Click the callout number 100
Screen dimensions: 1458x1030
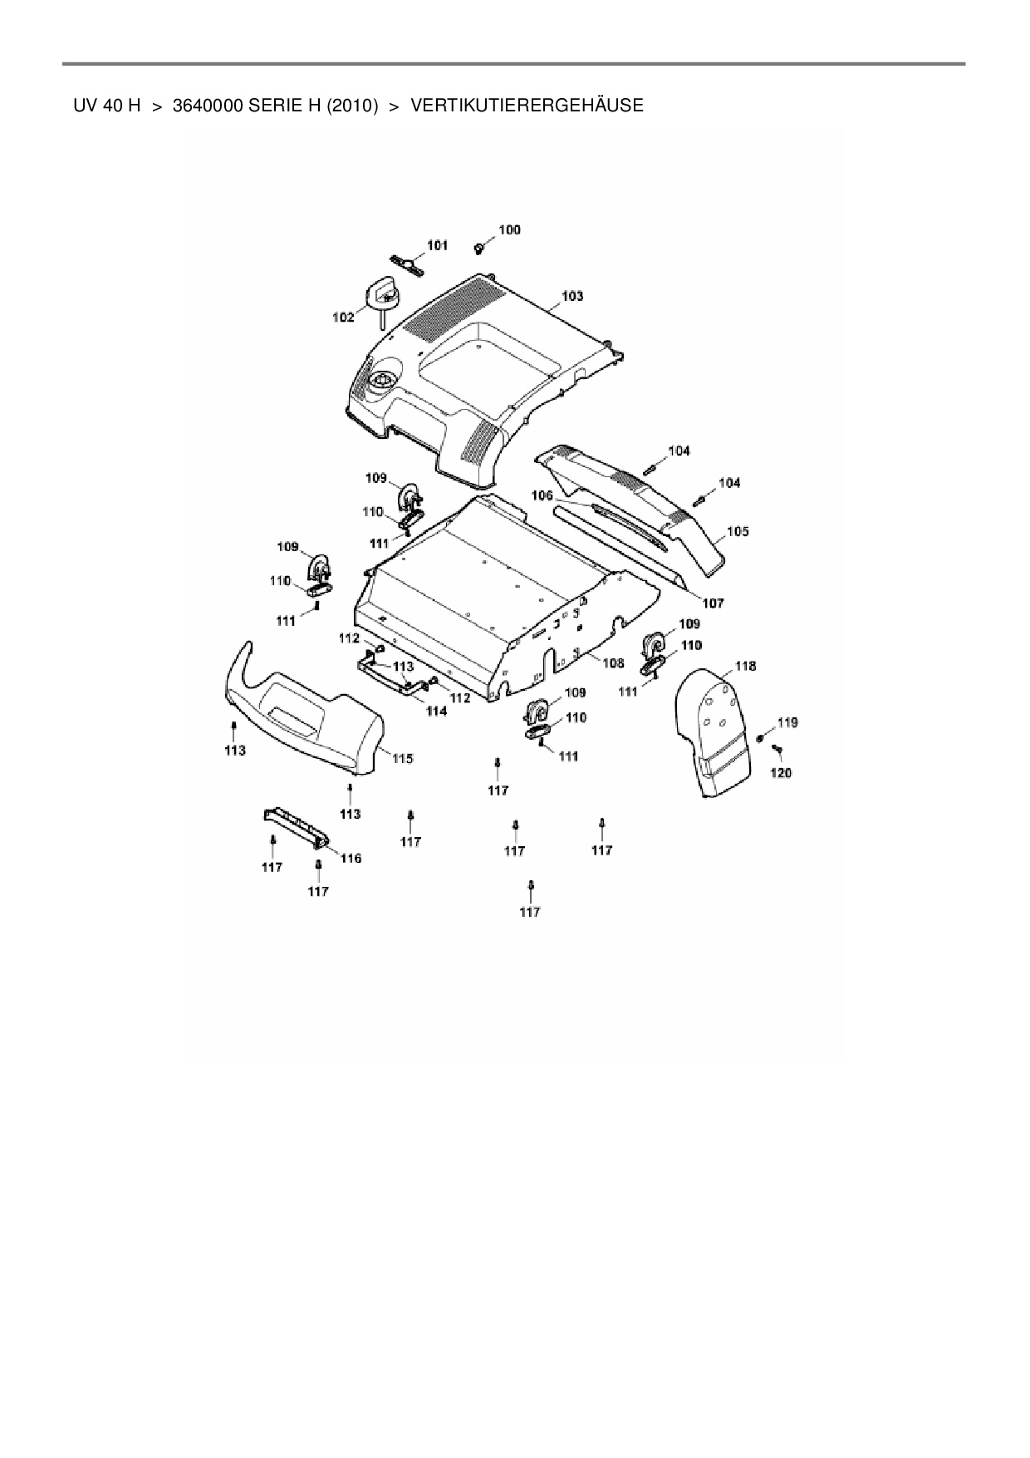(x=509, y=230)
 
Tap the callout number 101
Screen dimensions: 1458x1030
(x=437, y=245)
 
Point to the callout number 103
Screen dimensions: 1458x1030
(x=572, y=296)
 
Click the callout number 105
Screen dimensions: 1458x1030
(x=738, y=531)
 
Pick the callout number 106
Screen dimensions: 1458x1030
(x=542, y=495)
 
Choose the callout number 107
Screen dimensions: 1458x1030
(x=712, y=603)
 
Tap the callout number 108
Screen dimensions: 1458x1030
(x=613, y=663)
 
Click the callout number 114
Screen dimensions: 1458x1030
(x=436, y=712)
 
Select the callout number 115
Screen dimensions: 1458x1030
(x=403, y=758)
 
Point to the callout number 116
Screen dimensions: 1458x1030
(x=351, y=858)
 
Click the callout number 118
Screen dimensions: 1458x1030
(x=745, y=666)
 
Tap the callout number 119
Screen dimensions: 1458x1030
(x=787, y=722)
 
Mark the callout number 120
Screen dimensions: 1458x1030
(x=781, y=773)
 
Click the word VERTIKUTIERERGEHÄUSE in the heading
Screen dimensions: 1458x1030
(x=527, y=106)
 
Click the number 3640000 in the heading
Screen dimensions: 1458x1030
(x=208, y=106)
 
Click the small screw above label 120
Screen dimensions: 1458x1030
(x=777, y=749)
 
